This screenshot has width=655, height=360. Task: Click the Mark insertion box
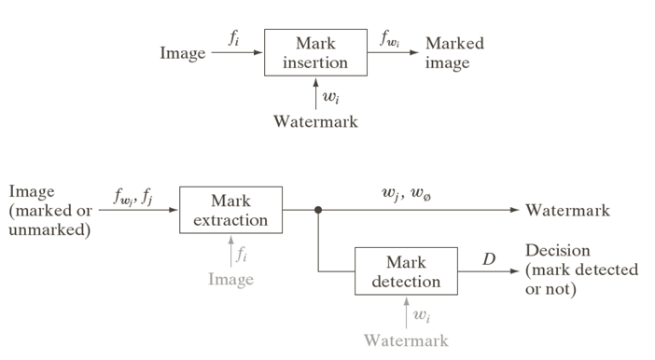(x=315, y=53)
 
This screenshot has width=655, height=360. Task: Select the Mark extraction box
(x=230, y=211)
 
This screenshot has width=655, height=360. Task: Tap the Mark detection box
(x=406, y=270)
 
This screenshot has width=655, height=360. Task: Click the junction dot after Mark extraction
(x=318, y=211)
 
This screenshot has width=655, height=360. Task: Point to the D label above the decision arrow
(x=488, y=258)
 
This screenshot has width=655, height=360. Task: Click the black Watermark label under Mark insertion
(x=315, y=121)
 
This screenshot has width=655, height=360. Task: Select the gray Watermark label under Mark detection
(x=406, y=339)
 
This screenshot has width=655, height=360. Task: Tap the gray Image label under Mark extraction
(x=230, y=279)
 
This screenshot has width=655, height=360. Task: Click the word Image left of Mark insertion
(x=182, y=53)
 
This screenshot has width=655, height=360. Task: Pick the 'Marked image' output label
(x=454, y=53)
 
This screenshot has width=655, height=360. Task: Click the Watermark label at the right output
(x=567, y=211)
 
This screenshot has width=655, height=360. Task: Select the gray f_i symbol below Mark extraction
(x=243, y=252)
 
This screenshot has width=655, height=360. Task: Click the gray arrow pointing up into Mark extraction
(x=230, y=250)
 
